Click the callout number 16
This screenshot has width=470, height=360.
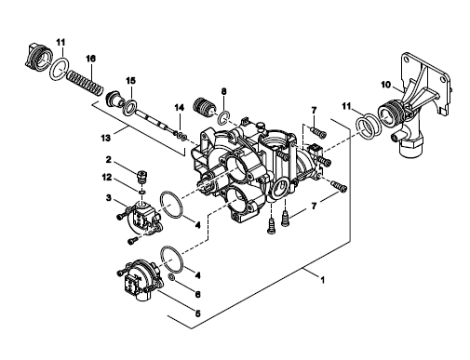point(90,59)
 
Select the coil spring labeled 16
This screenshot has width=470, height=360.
point(84,82)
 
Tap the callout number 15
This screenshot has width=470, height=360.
point(131,81)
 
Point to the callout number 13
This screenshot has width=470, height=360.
point(105,138)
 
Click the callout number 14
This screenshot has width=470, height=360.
point(179,108)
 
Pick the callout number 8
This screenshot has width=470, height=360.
point(223,91)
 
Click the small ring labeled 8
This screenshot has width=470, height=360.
point(224,118)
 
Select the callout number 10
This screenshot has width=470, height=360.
point(385,85)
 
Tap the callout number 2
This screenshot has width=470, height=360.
point(108,160)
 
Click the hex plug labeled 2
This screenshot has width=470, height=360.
point(141,177)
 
